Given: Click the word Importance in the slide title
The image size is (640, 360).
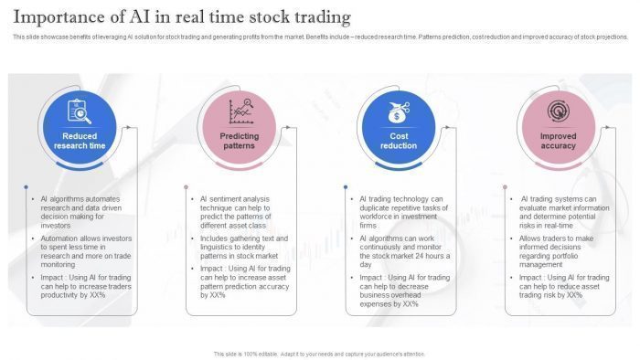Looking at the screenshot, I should pos(60,17).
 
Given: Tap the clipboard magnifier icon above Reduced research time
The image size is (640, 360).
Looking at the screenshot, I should pos(80,111).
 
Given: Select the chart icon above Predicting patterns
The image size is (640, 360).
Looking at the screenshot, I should pos(240,111).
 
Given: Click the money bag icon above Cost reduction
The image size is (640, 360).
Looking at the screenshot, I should pos(399,112).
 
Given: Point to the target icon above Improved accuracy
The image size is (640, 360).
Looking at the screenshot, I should pos(558,111).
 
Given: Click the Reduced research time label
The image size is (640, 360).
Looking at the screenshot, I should pos(80,141).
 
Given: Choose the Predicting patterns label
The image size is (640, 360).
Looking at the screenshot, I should pos(240,141).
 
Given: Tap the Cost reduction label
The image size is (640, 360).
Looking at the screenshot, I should pos(399,141).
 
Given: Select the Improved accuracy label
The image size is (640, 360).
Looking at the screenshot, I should pos(558,141).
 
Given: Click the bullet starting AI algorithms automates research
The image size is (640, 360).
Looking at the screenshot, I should pos(80,211).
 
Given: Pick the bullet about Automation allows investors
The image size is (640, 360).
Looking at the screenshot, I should pos(85,250).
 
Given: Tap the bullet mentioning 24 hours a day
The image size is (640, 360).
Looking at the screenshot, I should pos(402,250).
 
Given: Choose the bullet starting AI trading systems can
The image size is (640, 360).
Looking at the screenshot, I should pos(560,211).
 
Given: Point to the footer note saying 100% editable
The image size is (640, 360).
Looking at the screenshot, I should pos(319,354).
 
